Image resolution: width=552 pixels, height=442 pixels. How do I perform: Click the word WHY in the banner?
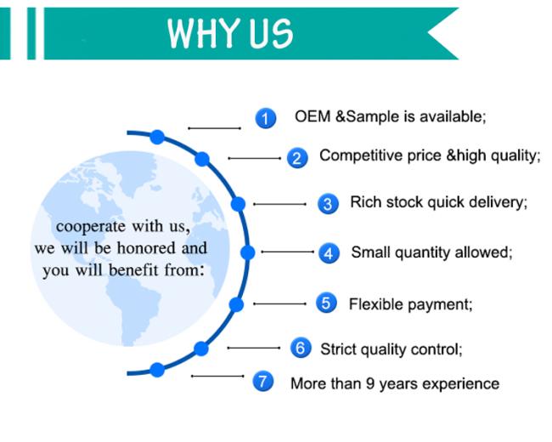coord(204,33)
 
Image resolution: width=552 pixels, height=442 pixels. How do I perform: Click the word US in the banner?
coord(271,33)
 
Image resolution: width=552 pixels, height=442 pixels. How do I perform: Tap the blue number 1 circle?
coord(266,118)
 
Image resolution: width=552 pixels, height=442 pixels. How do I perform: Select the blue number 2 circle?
coord(297,158)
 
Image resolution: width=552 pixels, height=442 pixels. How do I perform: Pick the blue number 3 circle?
coord(328,204)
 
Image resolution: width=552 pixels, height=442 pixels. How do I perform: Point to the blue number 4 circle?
coord(329,253)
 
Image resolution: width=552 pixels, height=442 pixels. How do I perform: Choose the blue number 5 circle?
coord(326,303)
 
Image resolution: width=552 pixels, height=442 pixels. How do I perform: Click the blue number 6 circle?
coord(301,348)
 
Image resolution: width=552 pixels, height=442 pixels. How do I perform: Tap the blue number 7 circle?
coord(263,381)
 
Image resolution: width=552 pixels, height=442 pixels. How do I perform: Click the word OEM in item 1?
coord(313,116)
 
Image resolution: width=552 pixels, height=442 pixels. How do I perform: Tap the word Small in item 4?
coord(371,252)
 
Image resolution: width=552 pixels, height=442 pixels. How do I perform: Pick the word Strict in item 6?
coord(338,349)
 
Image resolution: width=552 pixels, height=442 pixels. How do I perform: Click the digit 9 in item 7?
coord(370,383)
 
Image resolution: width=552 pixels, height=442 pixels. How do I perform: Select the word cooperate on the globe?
coord(91,227)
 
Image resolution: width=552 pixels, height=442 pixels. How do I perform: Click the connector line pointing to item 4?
coord(287,252)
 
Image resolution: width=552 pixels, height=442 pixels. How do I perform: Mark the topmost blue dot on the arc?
coord(157,137)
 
